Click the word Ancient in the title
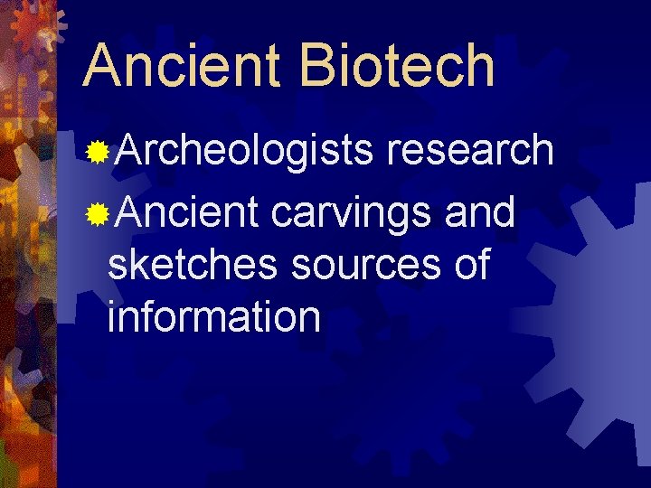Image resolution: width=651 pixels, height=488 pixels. tap(181, 65)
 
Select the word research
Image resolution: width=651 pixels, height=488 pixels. tap(469, 150)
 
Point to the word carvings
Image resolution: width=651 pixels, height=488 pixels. tap(354, 213)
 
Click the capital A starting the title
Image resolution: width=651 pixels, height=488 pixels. tap(102, 65)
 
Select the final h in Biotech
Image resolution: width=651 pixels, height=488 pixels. tap(478, 65)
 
